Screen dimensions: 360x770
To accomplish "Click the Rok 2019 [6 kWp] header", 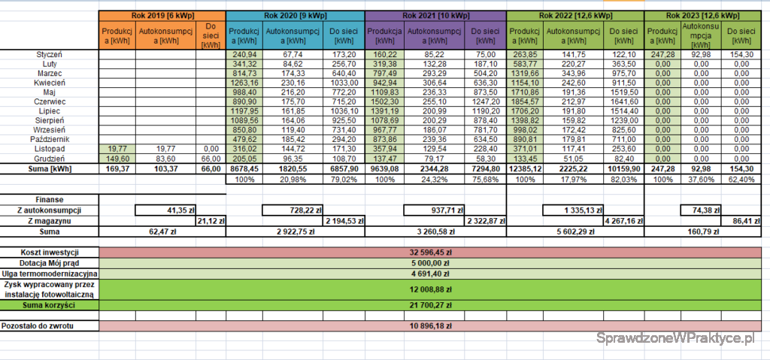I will click(x=161, y=16).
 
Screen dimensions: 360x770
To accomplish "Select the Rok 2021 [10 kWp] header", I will click(x=435, y=16).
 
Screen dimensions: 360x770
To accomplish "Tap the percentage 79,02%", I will click(x=343, y=181).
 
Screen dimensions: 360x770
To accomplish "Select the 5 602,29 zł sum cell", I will click(x=574, y=233).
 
